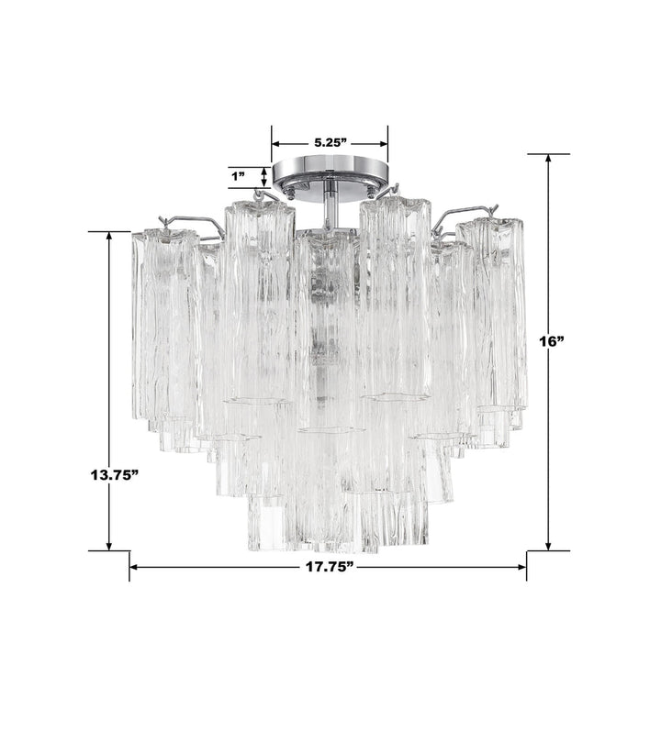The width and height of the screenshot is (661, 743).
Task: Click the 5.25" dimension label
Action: coord(329,142)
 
